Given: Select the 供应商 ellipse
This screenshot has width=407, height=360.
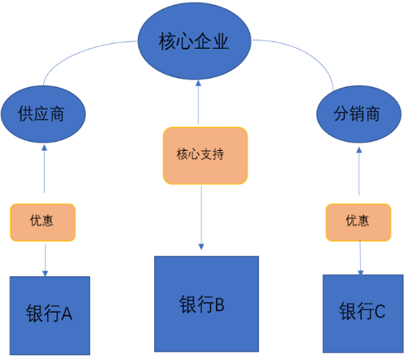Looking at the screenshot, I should [x=42, y=114].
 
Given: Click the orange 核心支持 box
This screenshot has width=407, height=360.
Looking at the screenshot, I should [x=205, y=155].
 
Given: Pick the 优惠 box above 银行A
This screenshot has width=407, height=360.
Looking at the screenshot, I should [x=42, y=222].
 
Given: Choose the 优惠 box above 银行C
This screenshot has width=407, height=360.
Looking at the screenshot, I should [x=358, y=222].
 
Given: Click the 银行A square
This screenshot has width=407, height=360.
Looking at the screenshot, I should [x=49, y=315].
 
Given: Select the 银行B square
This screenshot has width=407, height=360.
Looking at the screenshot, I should [x=206, y=304].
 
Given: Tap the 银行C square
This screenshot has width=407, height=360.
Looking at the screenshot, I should [x=362, y=313].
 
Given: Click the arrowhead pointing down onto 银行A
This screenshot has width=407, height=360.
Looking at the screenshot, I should [x=45, y=272].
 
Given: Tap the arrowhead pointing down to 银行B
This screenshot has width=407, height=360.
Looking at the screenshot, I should [x=201, y=247].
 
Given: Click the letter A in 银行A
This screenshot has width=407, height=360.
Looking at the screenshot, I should [x=66, y=315].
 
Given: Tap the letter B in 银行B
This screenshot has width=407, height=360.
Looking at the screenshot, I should [x=219, y=304].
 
